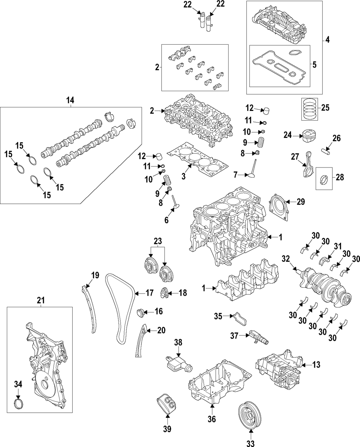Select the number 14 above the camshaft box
point(71,100)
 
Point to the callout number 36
point(212,419)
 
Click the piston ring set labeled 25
point(310,107)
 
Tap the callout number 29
point(301,202)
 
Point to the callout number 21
point(41,300)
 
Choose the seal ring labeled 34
point(19,403)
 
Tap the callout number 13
point(316,365)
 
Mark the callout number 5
point(314,65)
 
